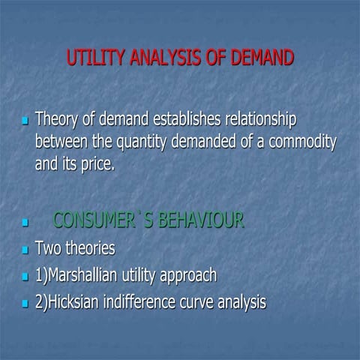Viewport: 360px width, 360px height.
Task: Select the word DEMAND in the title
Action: tap(259, 58)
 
